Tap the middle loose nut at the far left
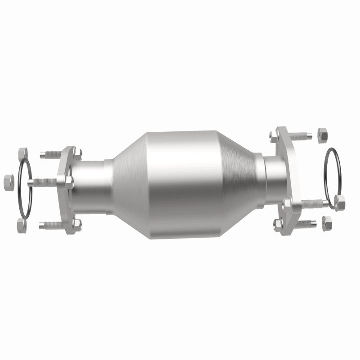click(x=9, y=181)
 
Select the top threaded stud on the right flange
click(x=297, y=135)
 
